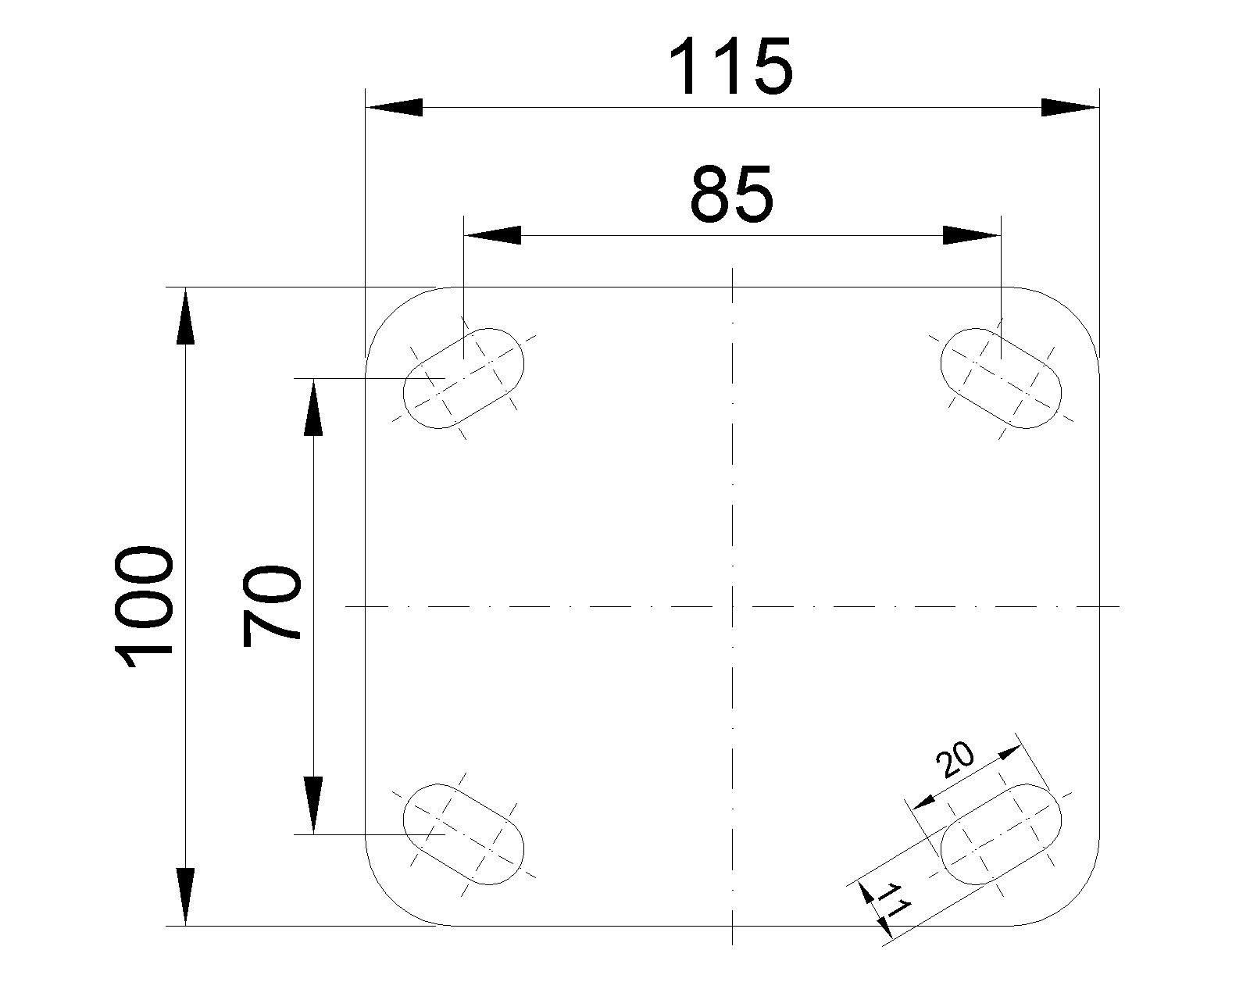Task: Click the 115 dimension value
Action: click(x=731, y=66)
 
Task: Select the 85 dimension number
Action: click(x=732, y=194)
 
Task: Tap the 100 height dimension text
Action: click(x=144, y=606)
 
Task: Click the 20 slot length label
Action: click(x=955, y=760)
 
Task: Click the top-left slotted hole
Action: click(x=463, y=378)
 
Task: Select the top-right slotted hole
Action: click(x=1001, y=378)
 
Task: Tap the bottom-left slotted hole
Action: click(x=463, y=834)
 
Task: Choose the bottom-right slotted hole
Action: click(x=1001, y=834)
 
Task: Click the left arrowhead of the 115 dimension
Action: click(x=394, y=108)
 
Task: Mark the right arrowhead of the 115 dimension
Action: click(x=1070, y=108)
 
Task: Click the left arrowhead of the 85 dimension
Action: click(x=492, y=235)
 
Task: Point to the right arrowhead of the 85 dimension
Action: click(x=972, y=235)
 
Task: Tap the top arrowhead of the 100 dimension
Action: click(x=185, y=316)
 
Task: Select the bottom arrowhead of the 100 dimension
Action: click(x=185, y=897)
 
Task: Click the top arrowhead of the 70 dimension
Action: click(x=313, y=407)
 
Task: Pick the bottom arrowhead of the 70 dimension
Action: click(x=313, y=805)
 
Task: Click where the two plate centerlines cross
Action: click(x=733, y=606)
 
